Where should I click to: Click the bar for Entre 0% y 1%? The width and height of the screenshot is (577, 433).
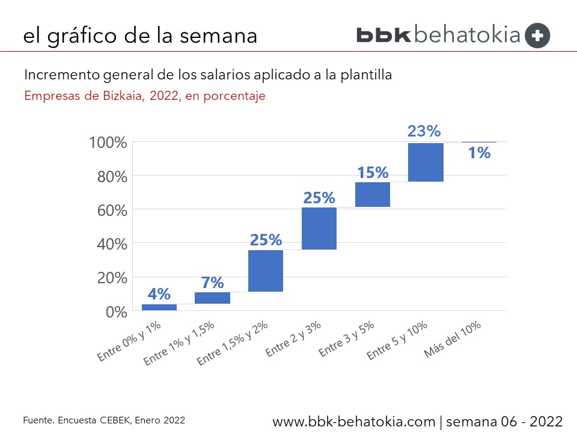tap(159, 307)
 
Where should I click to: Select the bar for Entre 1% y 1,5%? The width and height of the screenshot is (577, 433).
tap(212, 298)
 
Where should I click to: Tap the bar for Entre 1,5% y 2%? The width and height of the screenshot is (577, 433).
tap(266, 271)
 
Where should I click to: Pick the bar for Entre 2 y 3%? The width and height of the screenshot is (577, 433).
tap(319, 229)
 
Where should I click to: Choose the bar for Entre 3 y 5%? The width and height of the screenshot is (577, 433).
tap(373, 194)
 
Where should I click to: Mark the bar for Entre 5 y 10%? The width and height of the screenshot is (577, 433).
tap(426, 162)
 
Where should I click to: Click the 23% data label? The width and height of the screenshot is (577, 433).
tap(424, 131)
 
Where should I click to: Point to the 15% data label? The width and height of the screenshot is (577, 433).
tap(373, 173)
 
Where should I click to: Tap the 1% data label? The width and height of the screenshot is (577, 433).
tap(480, 153)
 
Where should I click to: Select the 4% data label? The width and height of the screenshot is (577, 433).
tap(159, 294)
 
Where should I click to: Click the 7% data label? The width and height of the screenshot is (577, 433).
tap(212, 282)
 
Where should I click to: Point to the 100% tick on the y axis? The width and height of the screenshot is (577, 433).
tap(108, 143)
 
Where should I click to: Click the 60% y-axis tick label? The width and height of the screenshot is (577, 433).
tap(112, 210)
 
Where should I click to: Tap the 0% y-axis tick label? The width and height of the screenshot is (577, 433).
tap(117, 312)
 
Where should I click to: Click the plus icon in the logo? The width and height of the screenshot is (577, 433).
tap(537, 35)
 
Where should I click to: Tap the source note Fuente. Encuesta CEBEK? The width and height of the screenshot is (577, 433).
tap(104, 420)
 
